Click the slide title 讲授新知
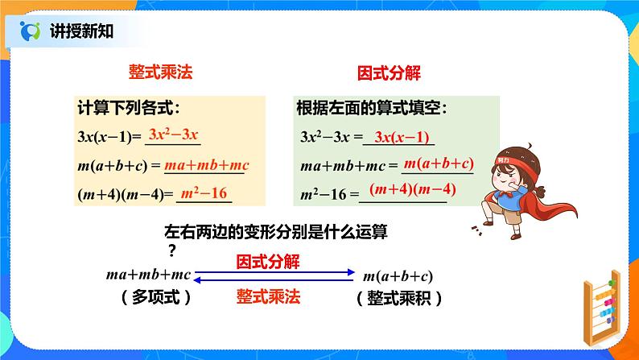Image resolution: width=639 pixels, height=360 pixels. [81, 31]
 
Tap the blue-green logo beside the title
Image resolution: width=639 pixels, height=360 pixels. [31, 31]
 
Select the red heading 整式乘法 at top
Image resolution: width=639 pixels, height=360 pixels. [161, 72]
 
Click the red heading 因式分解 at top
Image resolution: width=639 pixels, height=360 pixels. [389, 73]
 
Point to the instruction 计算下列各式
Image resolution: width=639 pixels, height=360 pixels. [129, 108]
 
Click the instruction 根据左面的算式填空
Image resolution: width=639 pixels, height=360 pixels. [372, 108]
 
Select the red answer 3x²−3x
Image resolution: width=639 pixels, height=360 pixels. [173, 134]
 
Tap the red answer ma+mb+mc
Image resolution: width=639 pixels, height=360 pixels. [207, 165]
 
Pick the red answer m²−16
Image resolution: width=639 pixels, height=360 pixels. [204, 192]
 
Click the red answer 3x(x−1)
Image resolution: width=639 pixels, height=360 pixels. [402, 137]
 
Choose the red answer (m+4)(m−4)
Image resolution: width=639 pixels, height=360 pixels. [412, 189]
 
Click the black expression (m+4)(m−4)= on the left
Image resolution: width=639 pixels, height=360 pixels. [126, 194]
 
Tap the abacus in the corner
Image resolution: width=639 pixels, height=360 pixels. [602, 307]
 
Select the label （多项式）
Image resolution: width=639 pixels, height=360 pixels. [156, 297]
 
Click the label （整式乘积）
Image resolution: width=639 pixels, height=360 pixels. [399, 299]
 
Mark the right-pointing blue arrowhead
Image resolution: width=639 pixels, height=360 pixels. [350, 272]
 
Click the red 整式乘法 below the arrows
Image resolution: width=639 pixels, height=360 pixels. [268, 296]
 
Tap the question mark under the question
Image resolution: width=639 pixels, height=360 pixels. [172, 250]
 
